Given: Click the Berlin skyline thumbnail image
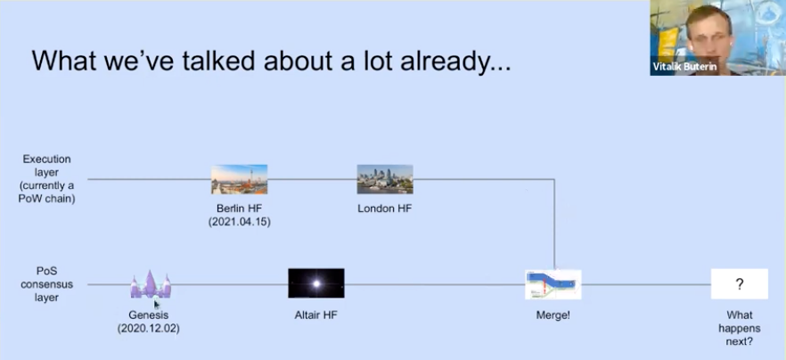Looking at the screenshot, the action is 239,179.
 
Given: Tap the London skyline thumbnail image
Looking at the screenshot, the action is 385,179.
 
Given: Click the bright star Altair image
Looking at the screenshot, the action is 316,283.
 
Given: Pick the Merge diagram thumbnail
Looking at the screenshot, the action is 553,284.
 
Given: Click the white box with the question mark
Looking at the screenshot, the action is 740,283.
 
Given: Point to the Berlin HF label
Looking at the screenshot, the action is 239,209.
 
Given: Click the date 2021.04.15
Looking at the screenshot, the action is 240,222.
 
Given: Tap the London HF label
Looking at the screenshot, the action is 384,209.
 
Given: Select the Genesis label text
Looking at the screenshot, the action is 148,315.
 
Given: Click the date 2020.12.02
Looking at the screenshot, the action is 148,329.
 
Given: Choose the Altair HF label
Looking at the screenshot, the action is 315,315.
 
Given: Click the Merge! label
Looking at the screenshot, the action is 553,315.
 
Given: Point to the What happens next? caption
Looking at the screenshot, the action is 740,329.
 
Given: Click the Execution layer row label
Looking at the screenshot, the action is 46,179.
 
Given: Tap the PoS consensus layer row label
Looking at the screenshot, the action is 46,284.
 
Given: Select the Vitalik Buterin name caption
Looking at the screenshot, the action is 684,67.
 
